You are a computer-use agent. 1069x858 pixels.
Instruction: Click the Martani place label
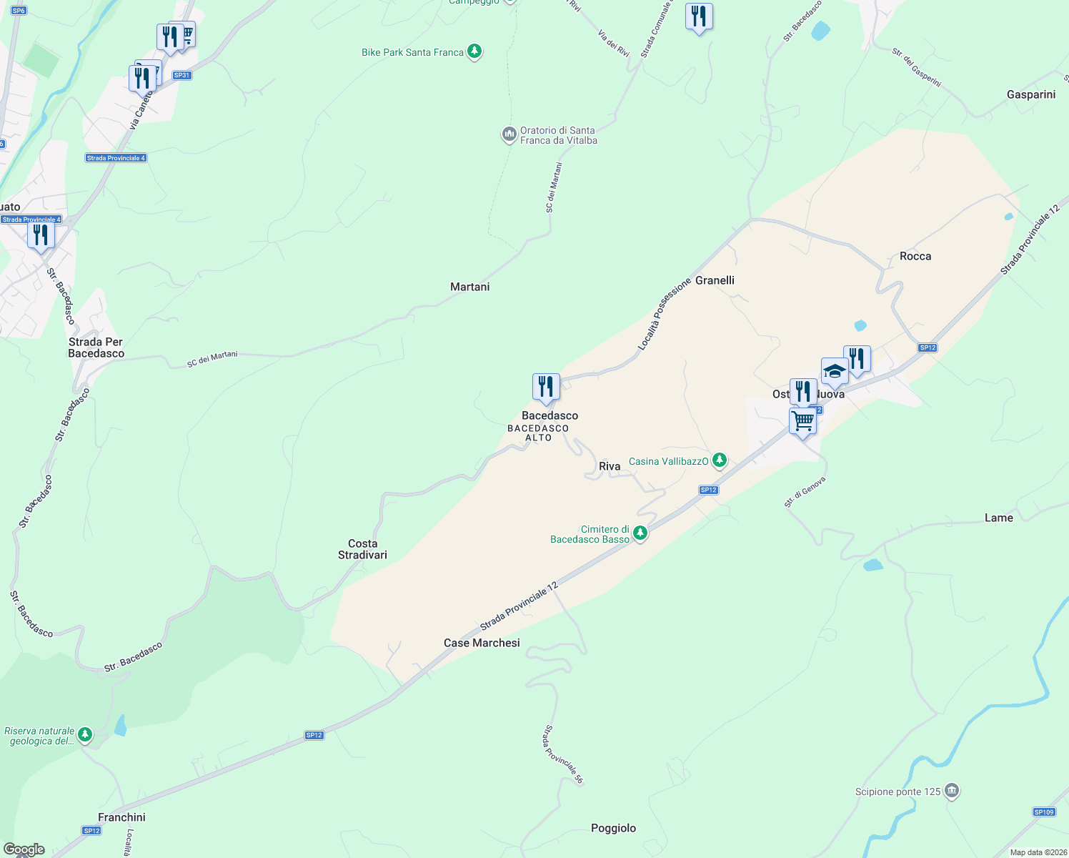pos(469,287)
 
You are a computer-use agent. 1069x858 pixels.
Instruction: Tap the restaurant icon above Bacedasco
pos(546,387)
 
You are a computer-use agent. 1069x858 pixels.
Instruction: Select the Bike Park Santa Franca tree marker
pos(474,51)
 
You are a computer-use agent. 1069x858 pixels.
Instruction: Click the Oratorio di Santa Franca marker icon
pos(509,134)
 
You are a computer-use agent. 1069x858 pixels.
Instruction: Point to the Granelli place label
pos(715,280)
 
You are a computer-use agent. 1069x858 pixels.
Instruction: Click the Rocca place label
pos(915,256)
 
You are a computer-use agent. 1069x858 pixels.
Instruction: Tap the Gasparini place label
pos(1030,94)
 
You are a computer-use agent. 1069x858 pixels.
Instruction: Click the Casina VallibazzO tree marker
pos(720,460)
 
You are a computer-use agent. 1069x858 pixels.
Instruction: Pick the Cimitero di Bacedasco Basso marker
pos(640,533)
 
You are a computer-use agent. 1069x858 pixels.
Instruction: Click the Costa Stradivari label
pos(362,549)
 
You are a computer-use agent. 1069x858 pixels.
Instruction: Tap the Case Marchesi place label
pos(482,643)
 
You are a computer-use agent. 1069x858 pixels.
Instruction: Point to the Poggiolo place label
pos(613,828)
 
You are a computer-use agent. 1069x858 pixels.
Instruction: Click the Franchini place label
pos(121,817)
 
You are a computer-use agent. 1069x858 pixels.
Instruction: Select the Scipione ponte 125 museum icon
pos(951,791)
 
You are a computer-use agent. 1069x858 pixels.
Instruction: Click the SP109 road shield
pos(1044,812)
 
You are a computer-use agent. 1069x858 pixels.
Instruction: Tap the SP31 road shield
pos(182,75)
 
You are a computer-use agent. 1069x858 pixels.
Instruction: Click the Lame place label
pos(998,518)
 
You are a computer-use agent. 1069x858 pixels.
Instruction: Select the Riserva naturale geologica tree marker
pos(85,735)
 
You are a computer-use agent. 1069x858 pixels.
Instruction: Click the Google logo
pos(24,849)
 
